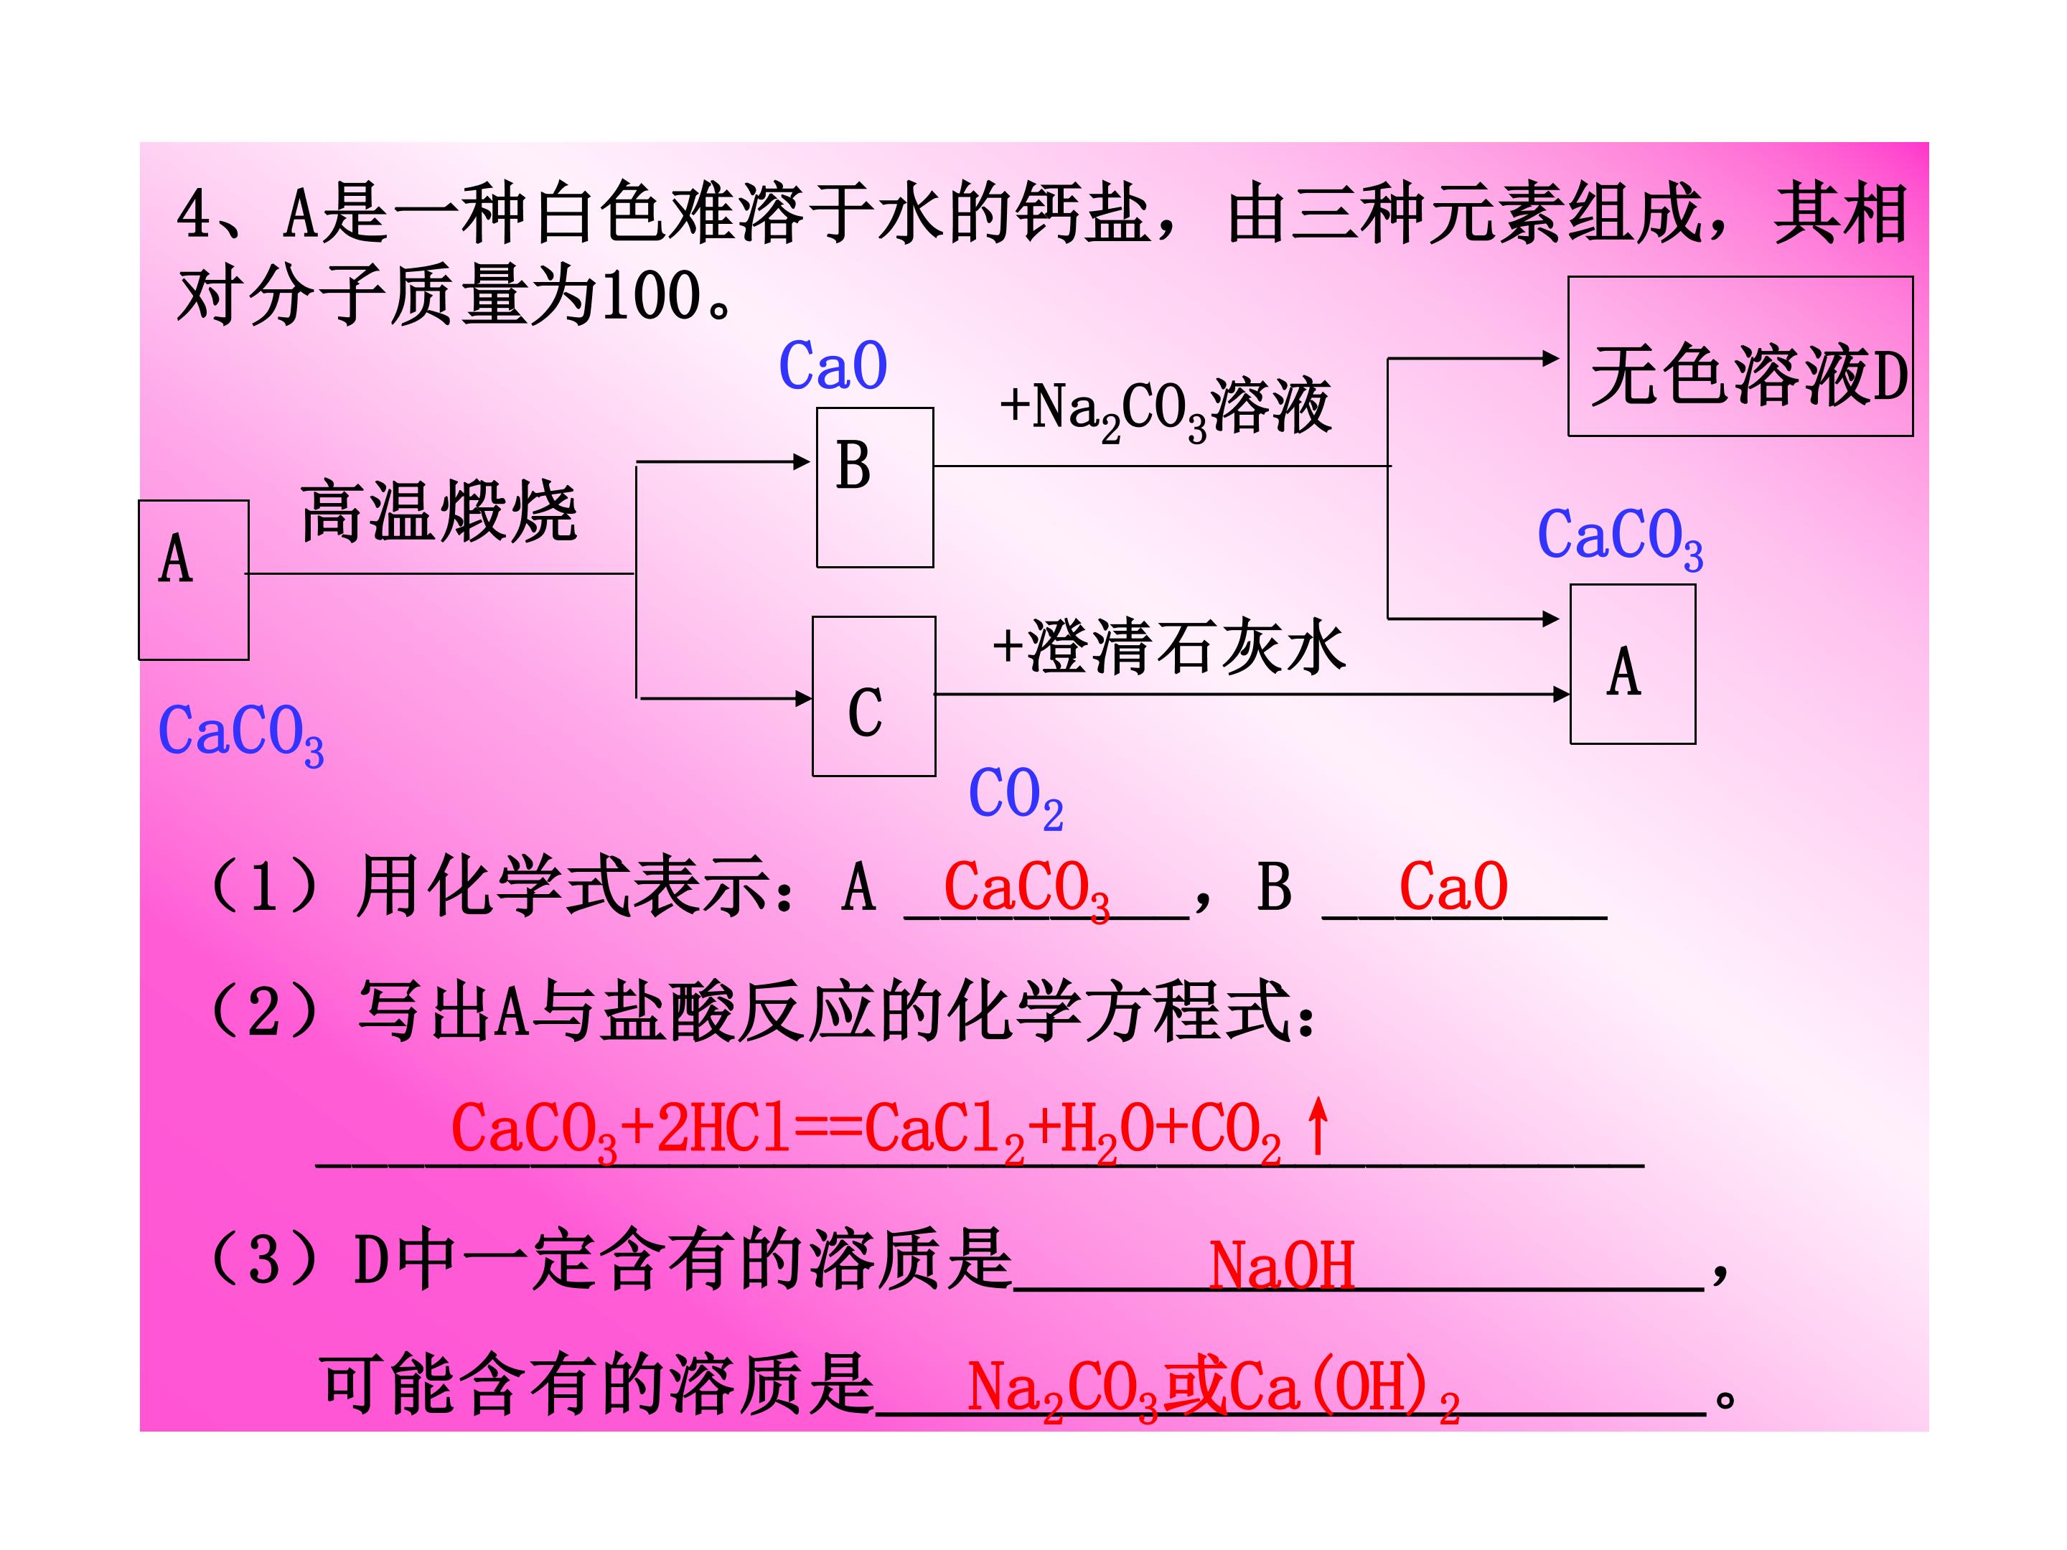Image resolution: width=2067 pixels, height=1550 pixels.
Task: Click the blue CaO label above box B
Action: (x=833, y=365)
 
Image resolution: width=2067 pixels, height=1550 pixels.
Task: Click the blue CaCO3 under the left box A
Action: (x=241, y=734)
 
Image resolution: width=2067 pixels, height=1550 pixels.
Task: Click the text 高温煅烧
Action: (x=439, y=512)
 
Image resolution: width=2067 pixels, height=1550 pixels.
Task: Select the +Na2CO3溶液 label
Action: (x=1166, y=409)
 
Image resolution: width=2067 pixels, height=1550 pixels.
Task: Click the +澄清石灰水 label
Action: (x=1169, y=647)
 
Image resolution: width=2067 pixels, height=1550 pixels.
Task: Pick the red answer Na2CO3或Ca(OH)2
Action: (x=1213, y=1389)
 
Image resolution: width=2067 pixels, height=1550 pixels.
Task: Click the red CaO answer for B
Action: (x=1453, y=887)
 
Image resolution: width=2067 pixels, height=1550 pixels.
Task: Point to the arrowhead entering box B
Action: (x=802, y=461)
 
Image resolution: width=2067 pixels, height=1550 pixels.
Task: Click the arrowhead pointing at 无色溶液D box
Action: (x=1551, y=358)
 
